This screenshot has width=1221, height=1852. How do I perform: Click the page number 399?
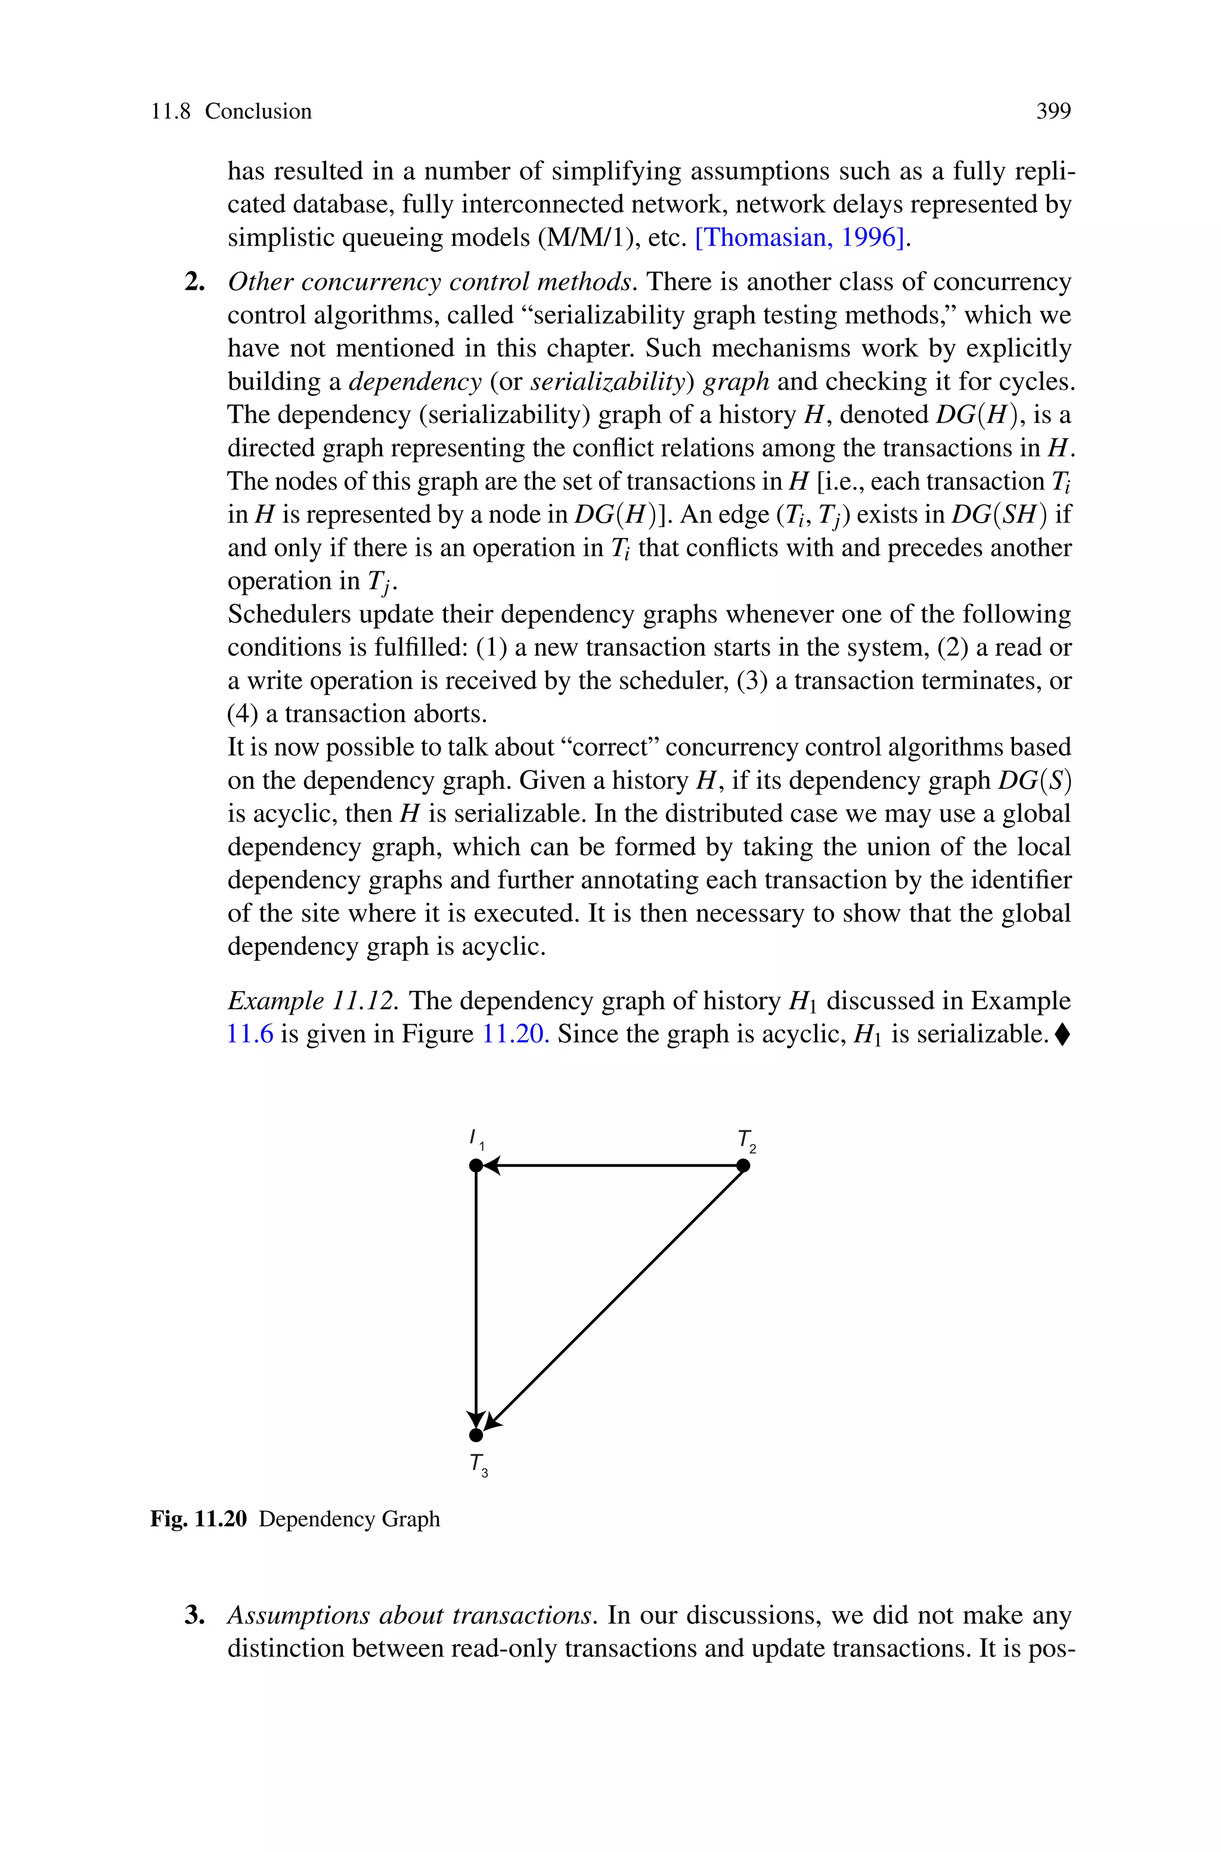tap(1053, 112)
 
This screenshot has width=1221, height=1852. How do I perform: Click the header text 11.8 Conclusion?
tap(231, 112)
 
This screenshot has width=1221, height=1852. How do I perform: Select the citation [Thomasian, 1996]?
tap(801, 237)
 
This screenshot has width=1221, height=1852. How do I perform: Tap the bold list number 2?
tap(194, 282)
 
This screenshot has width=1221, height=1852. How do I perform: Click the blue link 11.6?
tap(250, 1034)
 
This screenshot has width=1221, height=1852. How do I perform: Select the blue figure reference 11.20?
tap(516, 1034)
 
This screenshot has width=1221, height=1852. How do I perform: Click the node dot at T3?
tap(476, 1434)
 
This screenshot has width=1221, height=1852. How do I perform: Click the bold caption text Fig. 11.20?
tap(199, 1519)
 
